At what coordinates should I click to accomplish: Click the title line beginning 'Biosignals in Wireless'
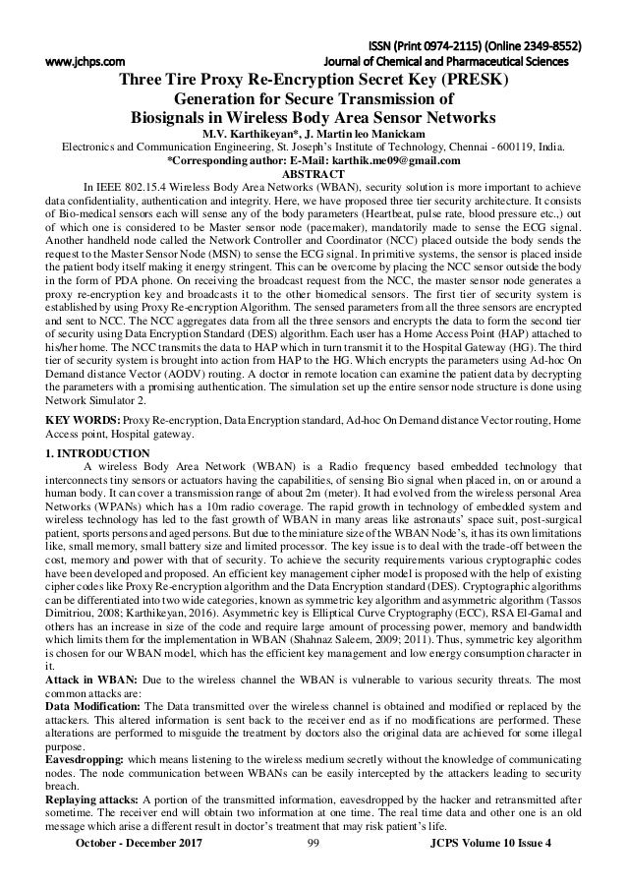click(x=313, y=115)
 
